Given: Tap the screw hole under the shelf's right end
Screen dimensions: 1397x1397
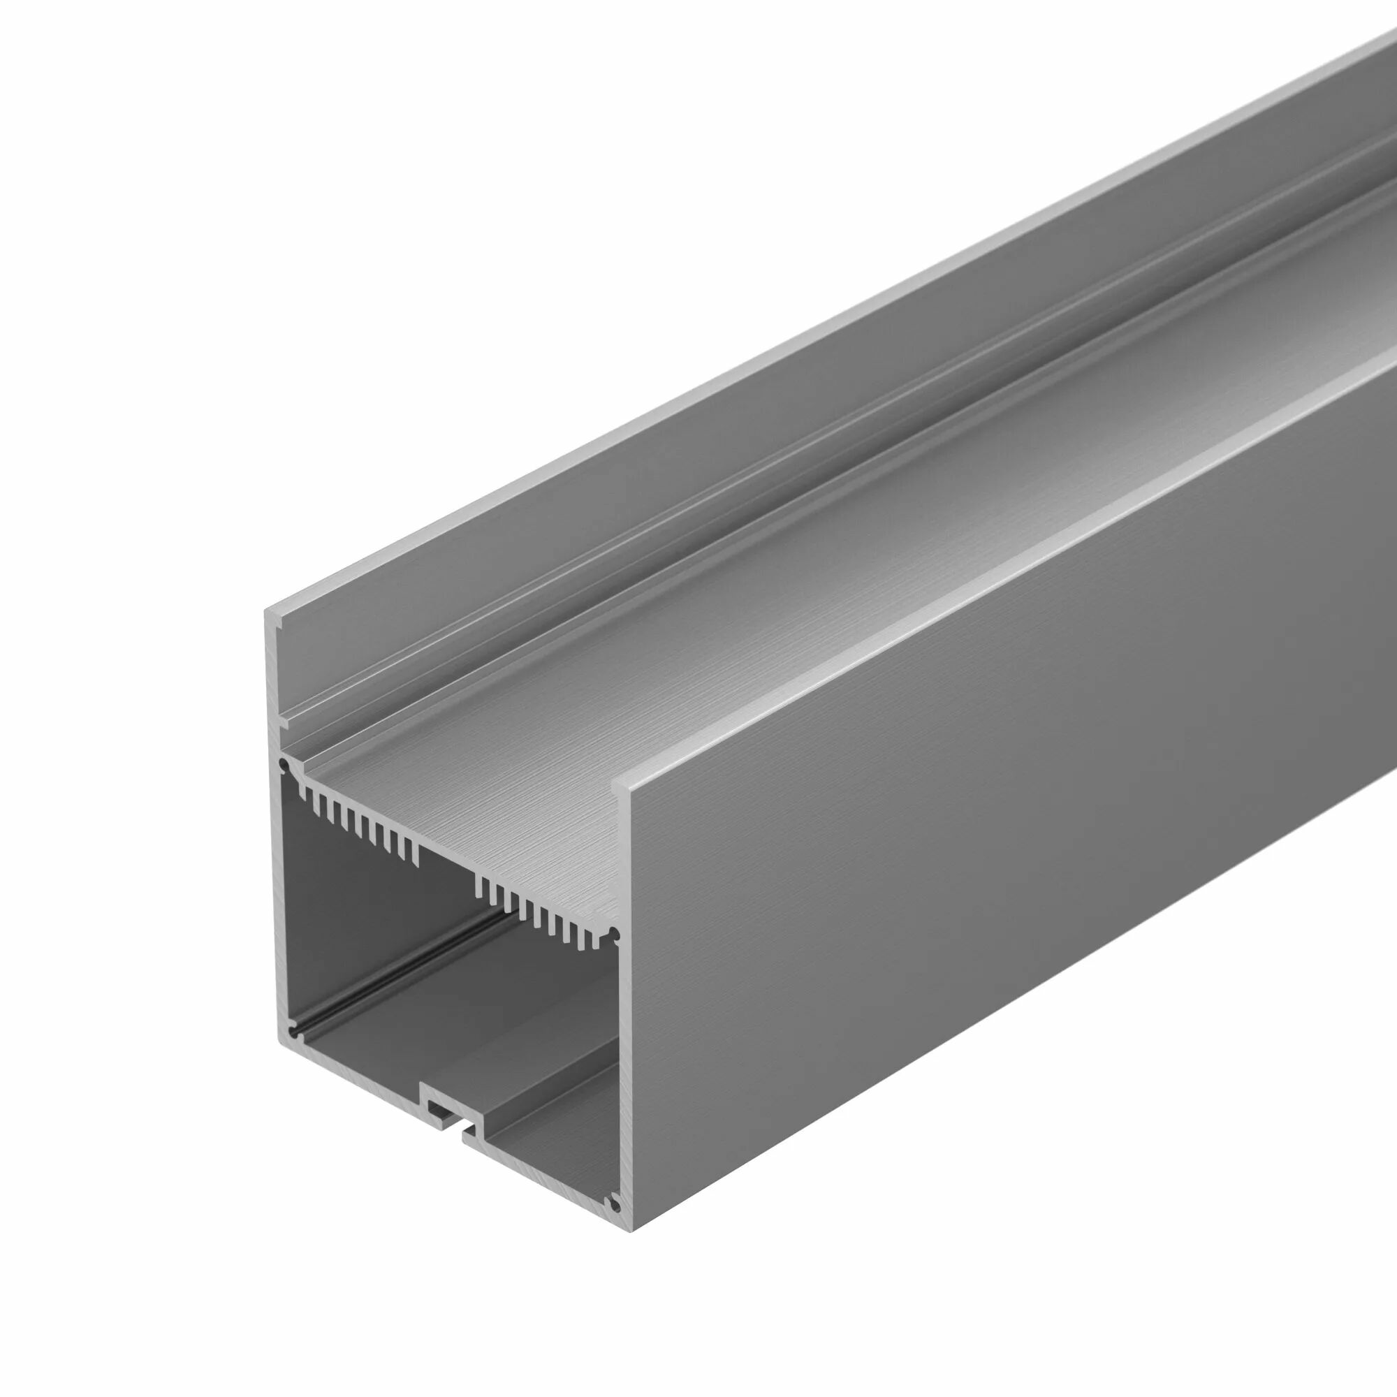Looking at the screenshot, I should (x=614, y=934).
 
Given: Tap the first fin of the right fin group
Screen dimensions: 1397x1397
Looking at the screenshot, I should (x=478, y=885).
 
